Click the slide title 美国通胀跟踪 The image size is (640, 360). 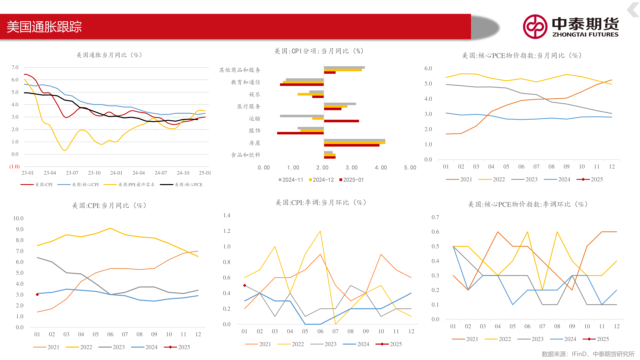[x=44, y=27]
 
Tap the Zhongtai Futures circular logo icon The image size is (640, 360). [x=535, y=27]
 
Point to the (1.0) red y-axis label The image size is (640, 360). [x=14, y=167]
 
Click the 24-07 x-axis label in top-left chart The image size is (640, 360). [x=161, y=173]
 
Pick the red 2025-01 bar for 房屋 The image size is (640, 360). [x=351, y=145]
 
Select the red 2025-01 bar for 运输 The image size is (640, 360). [x=341, y=121]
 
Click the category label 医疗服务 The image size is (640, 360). [x=249, y=107]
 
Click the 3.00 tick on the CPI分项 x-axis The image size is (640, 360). [x=352, y=168]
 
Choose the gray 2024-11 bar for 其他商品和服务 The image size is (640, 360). [x=344, y=67]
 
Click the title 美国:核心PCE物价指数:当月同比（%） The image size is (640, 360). [x=522, y=56]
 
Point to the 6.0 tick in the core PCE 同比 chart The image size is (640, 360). [x=428, y=69]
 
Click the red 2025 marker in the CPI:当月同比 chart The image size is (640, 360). [x=37, y=295]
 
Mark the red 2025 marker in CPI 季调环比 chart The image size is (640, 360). [x=245, y=285]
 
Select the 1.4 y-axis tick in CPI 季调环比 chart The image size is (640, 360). [x=227, y=216]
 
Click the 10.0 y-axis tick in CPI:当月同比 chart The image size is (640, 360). [x=18, y=219]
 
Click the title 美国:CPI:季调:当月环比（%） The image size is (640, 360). [x=321, y=203]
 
